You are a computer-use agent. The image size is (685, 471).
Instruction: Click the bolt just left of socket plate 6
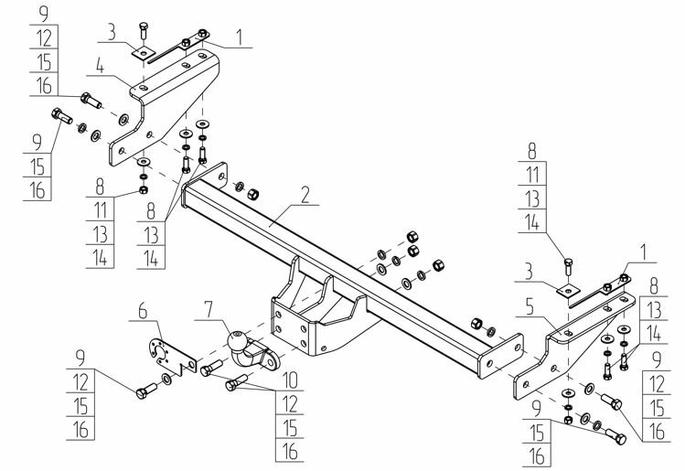[144, 394]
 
